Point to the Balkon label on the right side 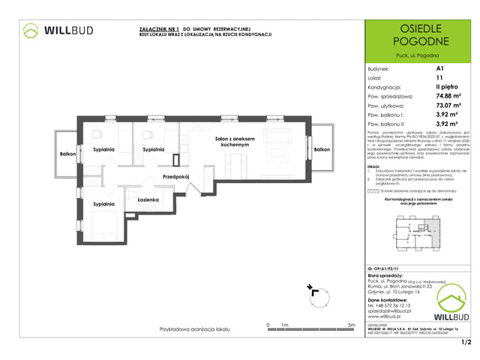[x=322, y=150]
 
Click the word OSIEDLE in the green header [x=418, y=28]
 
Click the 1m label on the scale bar [x=284, y=325]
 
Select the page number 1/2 [x=466, y=343]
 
